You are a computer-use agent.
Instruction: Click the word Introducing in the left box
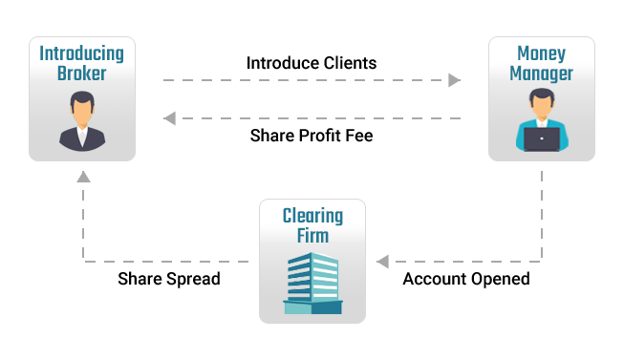82,53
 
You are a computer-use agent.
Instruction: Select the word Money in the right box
542,53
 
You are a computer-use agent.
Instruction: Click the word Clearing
312,216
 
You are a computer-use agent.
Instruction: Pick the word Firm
312,235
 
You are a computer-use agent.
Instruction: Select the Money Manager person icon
542,120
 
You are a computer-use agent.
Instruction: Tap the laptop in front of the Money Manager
542,139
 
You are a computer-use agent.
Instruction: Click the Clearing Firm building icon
312,284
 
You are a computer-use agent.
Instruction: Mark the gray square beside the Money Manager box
455,80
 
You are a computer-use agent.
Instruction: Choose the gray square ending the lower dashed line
170,118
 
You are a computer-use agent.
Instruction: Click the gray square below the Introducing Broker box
84,176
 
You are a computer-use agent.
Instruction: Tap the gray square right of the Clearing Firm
383,261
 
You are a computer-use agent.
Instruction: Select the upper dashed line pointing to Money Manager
306,80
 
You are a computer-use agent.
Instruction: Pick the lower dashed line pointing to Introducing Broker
315,118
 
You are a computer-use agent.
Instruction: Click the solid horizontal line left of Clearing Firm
167,261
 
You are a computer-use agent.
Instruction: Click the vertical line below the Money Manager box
542,215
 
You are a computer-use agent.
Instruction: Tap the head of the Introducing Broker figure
82,104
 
